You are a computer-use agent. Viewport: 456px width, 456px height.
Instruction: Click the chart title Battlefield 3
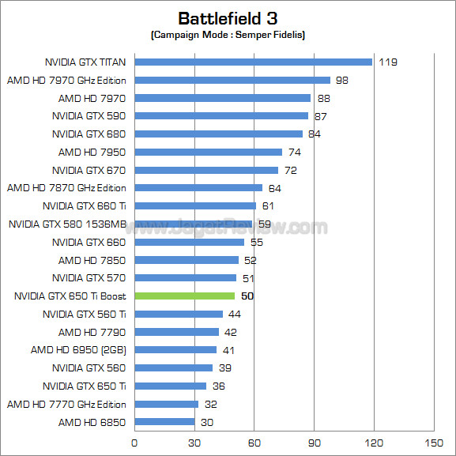[228, 18]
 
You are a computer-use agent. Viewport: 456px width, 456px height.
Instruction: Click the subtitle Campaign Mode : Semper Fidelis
[228, 35]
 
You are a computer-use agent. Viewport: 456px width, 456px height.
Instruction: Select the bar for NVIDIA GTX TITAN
[253, 62]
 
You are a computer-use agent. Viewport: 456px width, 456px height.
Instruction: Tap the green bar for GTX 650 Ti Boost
[184, 296]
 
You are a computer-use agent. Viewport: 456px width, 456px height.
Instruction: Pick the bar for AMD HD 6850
[164, 421]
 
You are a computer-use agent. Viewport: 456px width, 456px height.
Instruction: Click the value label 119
[386, 62]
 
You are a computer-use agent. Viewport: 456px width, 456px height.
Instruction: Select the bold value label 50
[247, 296]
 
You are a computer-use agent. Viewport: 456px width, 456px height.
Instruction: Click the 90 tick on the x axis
[314, 443]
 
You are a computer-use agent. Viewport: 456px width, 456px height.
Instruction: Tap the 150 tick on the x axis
[434, 443]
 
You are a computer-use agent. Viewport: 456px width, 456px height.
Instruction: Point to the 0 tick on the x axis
[134, 443]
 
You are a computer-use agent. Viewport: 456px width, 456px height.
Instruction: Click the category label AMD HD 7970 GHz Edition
[66, 80]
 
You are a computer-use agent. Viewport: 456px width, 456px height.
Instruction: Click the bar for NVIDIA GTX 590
[221, 115]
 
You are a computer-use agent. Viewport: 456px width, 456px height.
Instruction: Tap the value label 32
[211, 404]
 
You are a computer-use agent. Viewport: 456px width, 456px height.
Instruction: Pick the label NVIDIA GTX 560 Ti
[84, 314]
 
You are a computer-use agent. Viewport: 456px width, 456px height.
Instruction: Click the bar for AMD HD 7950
[208, 152]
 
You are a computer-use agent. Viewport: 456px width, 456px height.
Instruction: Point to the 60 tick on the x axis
[254, 443]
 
